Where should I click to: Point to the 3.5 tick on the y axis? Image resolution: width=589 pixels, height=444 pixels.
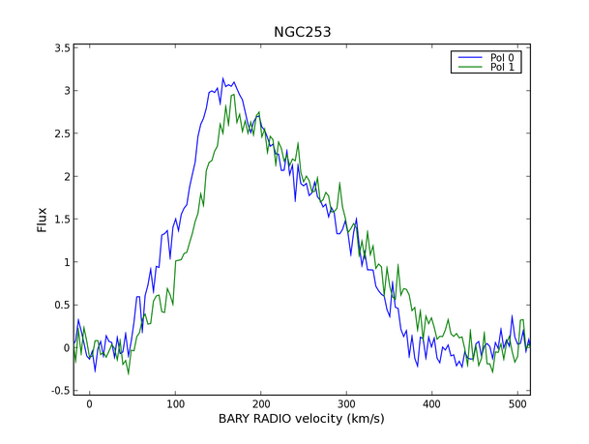tap(60, 47)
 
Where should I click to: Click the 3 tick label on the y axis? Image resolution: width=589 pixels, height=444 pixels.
tap(65, 91)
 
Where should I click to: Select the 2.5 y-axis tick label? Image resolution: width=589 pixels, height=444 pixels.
tap(60, 133)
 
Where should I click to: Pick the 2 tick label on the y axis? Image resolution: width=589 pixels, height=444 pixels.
tap(65, 176)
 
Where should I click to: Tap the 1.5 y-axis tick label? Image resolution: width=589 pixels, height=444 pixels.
tap(60, 220)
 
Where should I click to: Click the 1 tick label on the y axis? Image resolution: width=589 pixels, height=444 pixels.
tap(65, 262)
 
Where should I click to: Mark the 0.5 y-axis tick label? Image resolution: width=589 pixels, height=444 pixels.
tap(60, 305)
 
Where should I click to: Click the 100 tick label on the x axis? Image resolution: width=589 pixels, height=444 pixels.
tap(175, 404)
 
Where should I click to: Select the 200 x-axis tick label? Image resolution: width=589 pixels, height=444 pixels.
tap(260, 404)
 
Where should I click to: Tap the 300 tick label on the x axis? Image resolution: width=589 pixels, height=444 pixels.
tap(346, 404)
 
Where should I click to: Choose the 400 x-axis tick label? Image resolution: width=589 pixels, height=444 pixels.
tap(431, 404)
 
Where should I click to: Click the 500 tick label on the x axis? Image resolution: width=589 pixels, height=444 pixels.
tap(517, 404)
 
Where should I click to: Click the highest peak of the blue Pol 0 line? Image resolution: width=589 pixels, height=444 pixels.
tap(222, 78)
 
